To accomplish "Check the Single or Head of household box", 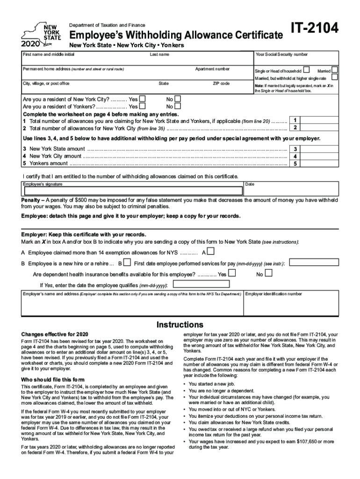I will [306, 69].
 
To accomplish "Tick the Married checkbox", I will [335, 69].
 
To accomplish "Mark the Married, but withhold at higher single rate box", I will [335, 77].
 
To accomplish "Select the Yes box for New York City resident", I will [143, 99].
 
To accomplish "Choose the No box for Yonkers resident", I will [177, 106].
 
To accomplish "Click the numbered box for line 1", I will [295, 120].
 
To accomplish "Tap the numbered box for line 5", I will [295, 164].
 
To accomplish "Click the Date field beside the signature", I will [291, 190].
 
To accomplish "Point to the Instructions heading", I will [180, 325].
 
